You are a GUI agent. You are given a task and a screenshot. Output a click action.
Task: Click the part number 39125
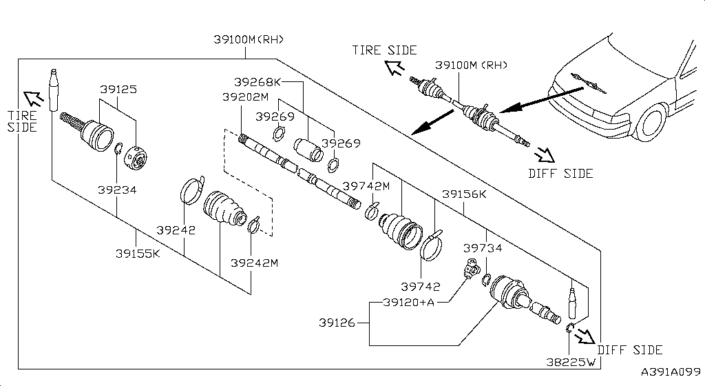118,90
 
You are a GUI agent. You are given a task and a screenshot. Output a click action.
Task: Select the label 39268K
257,81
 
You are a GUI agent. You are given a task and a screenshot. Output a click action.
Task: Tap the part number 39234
116,190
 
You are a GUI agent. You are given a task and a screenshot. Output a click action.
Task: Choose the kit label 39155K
138,253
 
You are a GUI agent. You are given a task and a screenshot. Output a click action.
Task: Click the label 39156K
464,194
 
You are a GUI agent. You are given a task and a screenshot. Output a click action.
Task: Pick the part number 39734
482,247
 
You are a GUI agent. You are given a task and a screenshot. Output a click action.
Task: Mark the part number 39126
338,322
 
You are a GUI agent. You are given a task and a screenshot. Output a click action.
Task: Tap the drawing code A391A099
670,372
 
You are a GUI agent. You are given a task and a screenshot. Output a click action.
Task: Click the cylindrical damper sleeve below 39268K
308,150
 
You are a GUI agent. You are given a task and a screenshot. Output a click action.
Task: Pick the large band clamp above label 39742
434,246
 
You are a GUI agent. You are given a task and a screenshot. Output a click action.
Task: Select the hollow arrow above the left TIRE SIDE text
33,99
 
